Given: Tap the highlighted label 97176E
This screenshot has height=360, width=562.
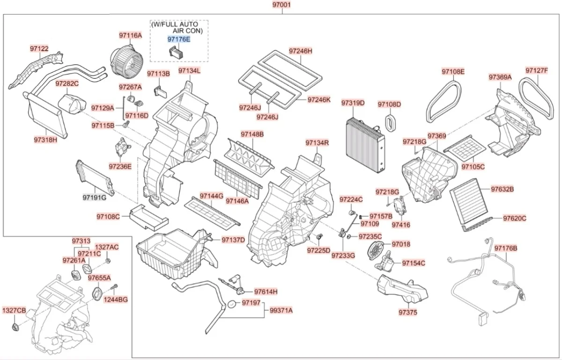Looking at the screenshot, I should (x=179, y=39).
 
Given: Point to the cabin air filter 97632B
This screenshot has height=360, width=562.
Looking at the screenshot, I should (x=468, y=196).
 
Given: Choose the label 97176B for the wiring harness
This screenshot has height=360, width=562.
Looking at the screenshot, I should (x=506, y=248).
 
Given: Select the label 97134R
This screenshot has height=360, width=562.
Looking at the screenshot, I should (x=317, y=142).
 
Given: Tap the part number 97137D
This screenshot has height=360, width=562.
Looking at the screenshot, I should (x=233, y=240).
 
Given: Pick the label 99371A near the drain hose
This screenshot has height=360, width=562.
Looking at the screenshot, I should (x=281, y=310).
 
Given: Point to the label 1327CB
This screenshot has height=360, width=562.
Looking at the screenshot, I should (x=14, y=310).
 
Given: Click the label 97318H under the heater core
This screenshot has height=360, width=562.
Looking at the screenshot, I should (x=45, y=140).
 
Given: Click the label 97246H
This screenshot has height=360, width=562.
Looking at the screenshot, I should (x=300, y=51).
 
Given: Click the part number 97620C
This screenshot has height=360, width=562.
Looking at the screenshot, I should (x=515, y=218).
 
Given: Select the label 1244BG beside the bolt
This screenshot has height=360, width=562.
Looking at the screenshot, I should (x=116, y=299).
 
